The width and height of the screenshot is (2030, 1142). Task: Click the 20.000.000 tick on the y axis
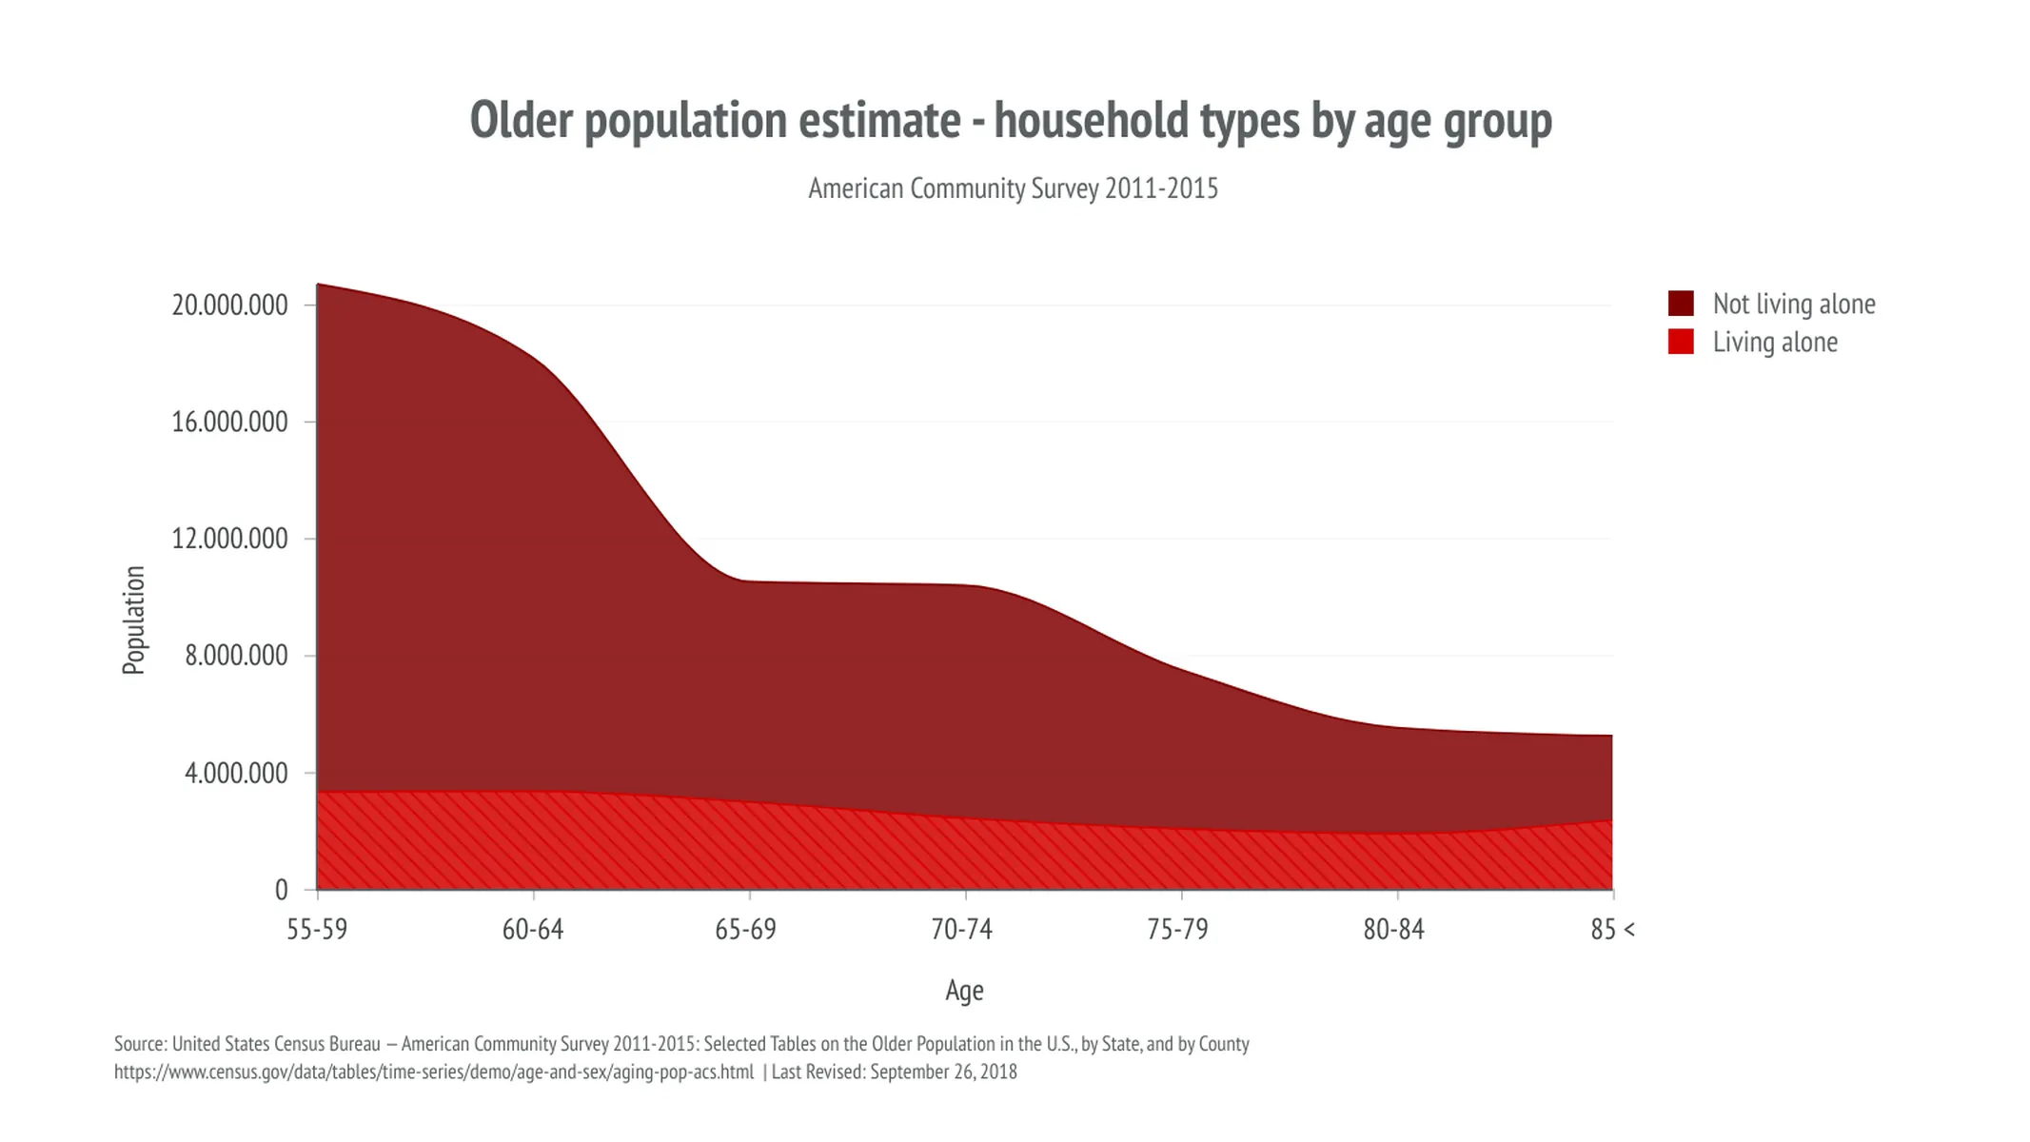pyautogui.click(x=229, y=305)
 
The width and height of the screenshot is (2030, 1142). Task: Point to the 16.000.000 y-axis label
pyautogui.click(x=229, y=422)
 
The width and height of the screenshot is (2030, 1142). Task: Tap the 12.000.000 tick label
pyautogui.click(x=229, y=539)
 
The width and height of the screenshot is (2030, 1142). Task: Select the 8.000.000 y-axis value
pyautogui.click(x=236, y=656)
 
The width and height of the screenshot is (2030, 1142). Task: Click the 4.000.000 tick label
pyautogui.click(x=236, y=773)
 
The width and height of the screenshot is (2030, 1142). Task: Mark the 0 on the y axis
pyautogui.click(x=281, y=890)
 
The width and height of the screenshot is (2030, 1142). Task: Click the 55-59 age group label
pyautogui.click(x=317, y=929)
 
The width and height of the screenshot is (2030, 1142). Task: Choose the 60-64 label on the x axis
pyautogui.click(x=533, y=929)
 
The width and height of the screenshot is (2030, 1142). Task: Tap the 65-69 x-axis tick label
pyautogui.click(x=746, y=929)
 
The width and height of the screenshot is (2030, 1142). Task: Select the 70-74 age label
pyautogui.click(x=962, y=929)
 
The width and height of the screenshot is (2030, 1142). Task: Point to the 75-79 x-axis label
pyautogui.click(x=1178, y=929)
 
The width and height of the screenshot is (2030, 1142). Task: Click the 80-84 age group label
pyautogui.click(x=1394, y=929)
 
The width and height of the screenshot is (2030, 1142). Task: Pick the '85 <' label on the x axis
pyautogui.click(x=1612, y=929)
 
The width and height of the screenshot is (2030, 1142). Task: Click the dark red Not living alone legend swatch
pyautogui.click(x=1681, y=304)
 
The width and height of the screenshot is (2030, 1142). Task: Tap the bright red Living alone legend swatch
pyautogui.click(x=1681, y=342)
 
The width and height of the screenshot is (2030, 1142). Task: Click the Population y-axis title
pyautogui.click(x=134, y=620)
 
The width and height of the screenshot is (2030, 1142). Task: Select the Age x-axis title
pyautogui.click(x=964, y=991)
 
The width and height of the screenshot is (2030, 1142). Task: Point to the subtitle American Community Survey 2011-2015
pyautogui.click(x=1013, y=188)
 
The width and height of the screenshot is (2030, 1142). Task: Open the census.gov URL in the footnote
pyautogui.click(x=434, y=1072)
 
